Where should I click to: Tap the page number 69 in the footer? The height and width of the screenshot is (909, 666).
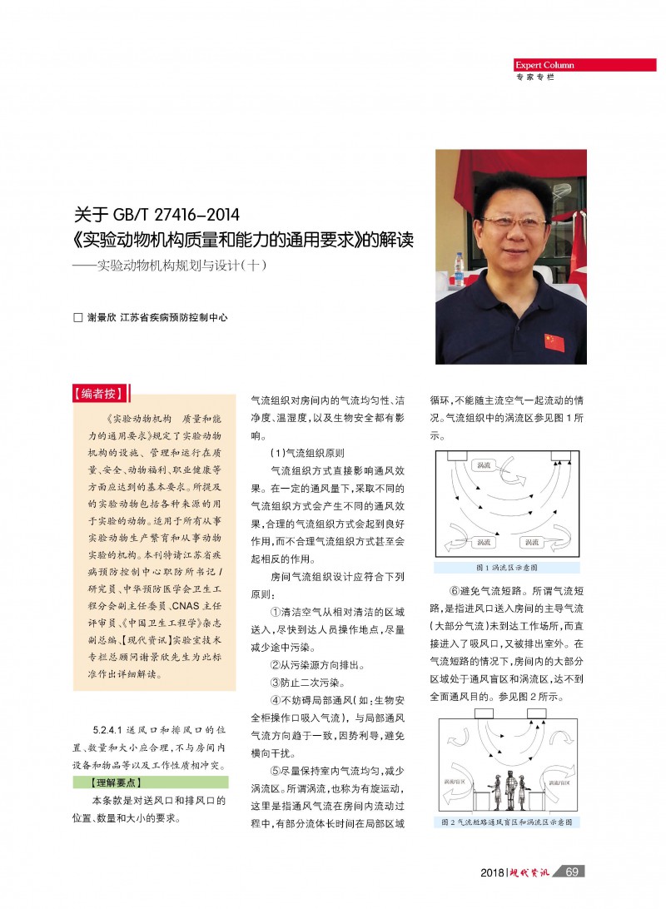(571, 872)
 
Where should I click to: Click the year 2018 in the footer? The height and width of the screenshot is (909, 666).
(492, 872)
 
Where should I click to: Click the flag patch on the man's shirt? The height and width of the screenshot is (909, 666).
(554, 341)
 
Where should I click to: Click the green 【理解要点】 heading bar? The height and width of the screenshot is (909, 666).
(148, 782)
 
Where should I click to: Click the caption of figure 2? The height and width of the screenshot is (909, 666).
(507, 822)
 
